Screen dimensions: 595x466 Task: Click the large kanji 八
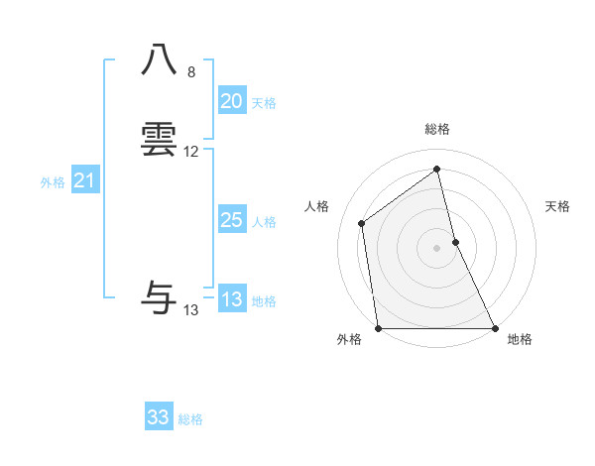tap(160, 59)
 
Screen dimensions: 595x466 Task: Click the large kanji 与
tap(160, 297)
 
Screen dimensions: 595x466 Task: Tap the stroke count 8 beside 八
tap(190, 72)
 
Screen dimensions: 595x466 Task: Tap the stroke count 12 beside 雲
tap(191, 152)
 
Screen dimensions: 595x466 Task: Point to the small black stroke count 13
tap(191, 310)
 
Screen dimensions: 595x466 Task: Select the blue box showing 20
tap(231, 101)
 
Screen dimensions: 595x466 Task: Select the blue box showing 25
tap(231, 220)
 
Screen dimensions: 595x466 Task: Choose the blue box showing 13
tap(231, 299)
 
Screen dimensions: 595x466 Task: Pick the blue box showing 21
tap(84, 180)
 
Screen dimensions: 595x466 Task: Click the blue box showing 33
tap(159, 417)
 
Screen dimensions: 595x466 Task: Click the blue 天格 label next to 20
tap(264, 103)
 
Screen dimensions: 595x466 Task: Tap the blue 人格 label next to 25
tap(264, 222)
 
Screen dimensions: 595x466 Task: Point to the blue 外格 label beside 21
tap(53, 182)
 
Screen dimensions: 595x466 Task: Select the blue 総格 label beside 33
tap(190, 419)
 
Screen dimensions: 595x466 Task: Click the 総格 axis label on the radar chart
tap(436, 129)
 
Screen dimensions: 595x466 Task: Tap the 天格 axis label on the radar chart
tap(557, 206)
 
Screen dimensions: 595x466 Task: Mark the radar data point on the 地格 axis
tap(494, 327)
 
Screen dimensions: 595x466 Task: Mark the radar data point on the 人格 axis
tap(362, 223)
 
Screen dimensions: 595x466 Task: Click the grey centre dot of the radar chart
tap(436, 247)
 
